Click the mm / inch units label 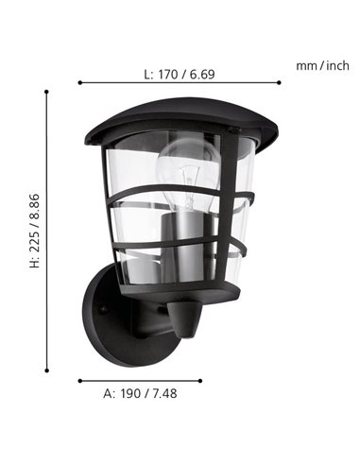coord(322,65)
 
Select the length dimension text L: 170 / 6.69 coord(180,73)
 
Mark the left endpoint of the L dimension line coord(79,82)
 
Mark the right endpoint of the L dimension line coord(281,82)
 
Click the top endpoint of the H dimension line coord(46,91)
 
